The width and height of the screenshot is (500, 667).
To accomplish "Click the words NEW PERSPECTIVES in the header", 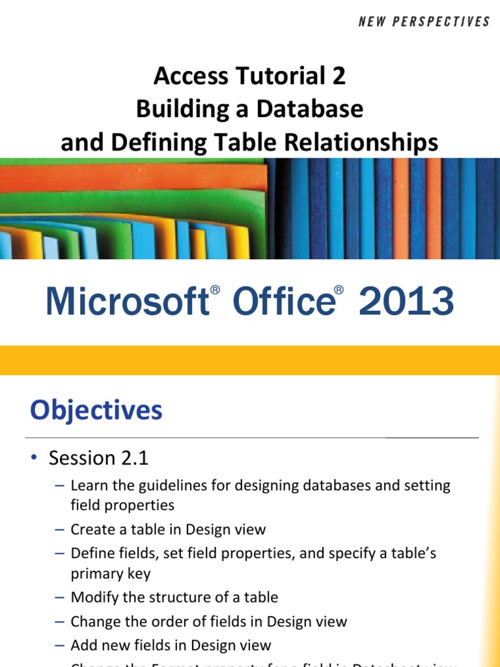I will pyautogui.click(x=424, y=22).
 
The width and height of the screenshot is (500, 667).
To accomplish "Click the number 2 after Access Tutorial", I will pyautogui.click(x=338, y=77).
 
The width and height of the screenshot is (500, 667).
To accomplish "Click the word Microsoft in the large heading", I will pyautogui.click(x=126, y=302).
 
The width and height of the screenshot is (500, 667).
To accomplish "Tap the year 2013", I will pyautogui.click(x=406, y=302).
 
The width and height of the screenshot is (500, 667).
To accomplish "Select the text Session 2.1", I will pyautogui.click(x=98, y=458).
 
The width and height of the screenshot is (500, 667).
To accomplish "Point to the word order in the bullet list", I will pyautogui.click(x=169, y=621).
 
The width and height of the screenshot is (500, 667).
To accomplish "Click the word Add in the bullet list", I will pyautogui.click(x=83, y=645).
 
